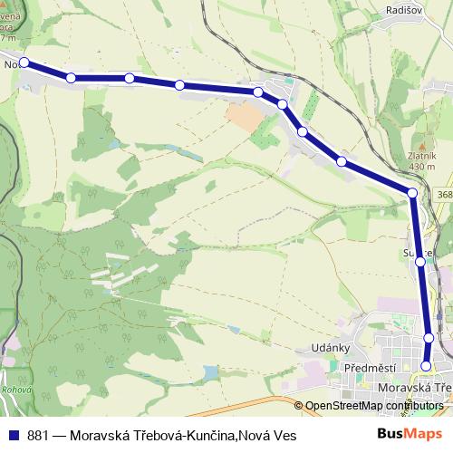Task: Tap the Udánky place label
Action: click(x=320, y=349)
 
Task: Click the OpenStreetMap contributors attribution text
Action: click(x=375, y=406)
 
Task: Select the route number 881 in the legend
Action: click(x=38, y=436)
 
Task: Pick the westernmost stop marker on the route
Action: click(x=24, y=63)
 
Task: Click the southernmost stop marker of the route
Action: click(x=427, y=366)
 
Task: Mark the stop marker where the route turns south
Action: click(x=412, y=193)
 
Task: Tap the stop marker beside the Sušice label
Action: click(x=420, y=262)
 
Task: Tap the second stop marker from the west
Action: click(x=71, y=78)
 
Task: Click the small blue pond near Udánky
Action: click(x=210, y=371)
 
